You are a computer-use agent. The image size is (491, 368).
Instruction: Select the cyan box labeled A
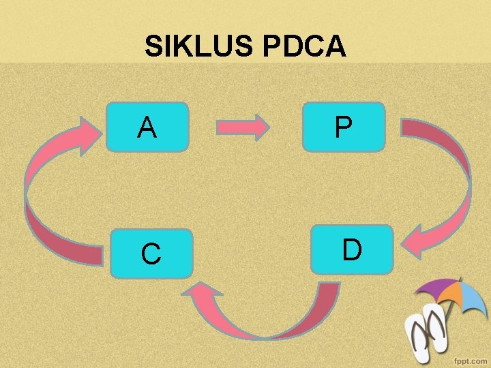(147, 126)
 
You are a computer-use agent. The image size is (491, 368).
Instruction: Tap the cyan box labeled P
(344, 126)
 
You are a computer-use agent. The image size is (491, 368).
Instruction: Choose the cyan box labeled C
(151, 254)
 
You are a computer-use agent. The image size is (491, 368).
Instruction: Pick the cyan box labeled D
(351, 249)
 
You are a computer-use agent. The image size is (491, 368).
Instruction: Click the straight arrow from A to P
(243, 127)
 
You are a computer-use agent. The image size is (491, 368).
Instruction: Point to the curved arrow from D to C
(273, 320)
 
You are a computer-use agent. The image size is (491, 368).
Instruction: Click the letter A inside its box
(147, 127)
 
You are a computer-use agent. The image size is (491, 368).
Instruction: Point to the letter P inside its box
(344, 127)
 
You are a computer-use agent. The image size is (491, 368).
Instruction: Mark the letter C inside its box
(151, 254)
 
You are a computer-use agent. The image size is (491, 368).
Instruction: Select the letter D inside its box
(352, 250)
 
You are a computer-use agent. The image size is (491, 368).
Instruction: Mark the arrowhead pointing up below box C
(205, 294)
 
